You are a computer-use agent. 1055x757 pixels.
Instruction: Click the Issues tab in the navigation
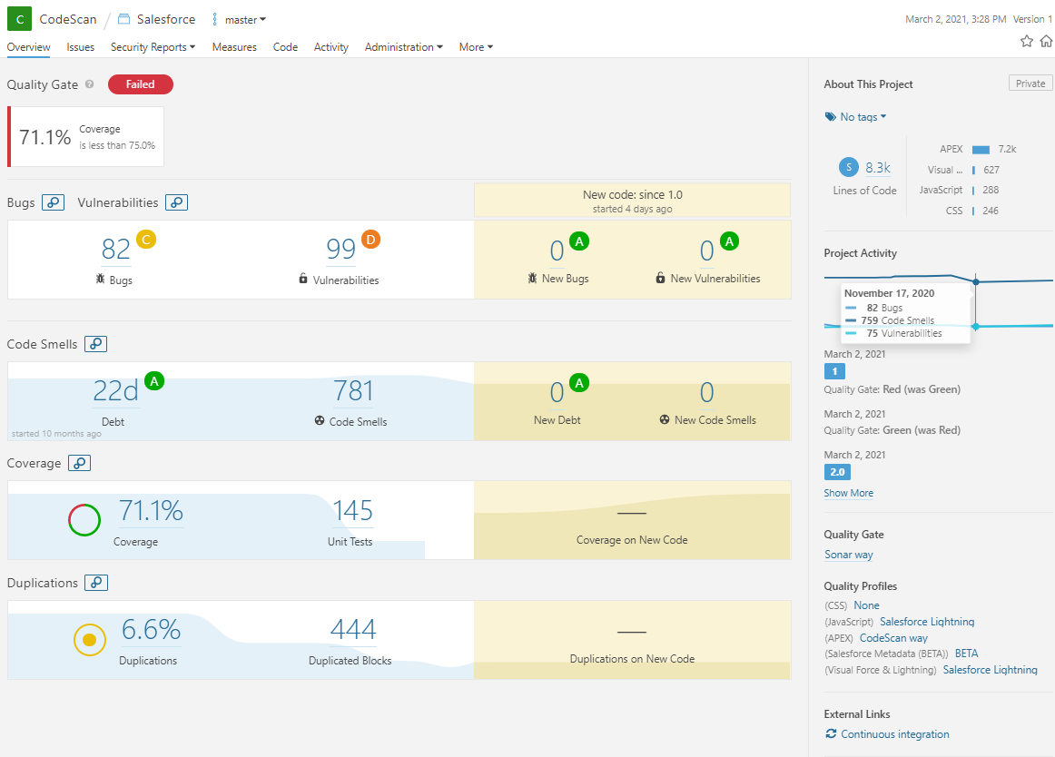tap(80, 47)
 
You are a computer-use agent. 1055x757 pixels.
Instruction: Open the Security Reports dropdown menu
tap(153, 47)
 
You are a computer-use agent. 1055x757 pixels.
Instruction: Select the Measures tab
tap(234, 47)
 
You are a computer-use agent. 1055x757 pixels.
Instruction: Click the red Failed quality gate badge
tap(140, 84)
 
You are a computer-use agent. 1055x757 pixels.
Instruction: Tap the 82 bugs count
tap(115, 249)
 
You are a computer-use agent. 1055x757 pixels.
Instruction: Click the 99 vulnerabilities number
tap(340, 249)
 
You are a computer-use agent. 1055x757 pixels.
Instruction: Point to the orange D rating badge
tap(370, 240)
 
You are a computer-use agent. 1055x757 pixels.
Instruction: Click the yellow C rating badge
tap(145, 240)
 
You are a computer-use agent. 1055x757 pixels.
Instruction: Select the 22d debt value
tap(115, 391)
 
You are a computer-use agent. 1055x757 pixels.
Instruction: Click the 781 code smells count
tap(353, 391)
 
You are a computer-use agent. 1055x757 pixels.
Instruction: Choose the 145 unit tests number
tap(352, 511)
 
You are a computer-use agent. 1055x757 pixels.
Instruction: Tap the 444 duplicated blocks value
tap(352, 630)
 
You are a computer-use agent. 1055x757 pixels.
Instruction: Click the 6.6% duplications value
tap(150, 630)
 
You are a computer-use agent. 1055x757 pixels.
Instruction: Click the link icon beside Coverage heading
tap(80, 464)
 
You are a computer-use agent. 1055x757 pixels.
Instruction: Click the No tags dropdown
tap(856, 117)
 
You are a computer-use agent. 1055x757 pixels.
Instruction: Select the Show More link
tap(848, 493)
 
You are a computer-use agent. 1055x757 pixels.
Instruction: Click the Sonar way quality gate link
tap(848, 555)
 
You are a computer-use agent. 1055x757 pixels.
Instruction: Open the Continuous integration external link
tap(894, 734)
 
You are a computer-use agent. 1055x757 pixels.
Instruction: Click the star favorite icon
tap(1026, 41)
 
